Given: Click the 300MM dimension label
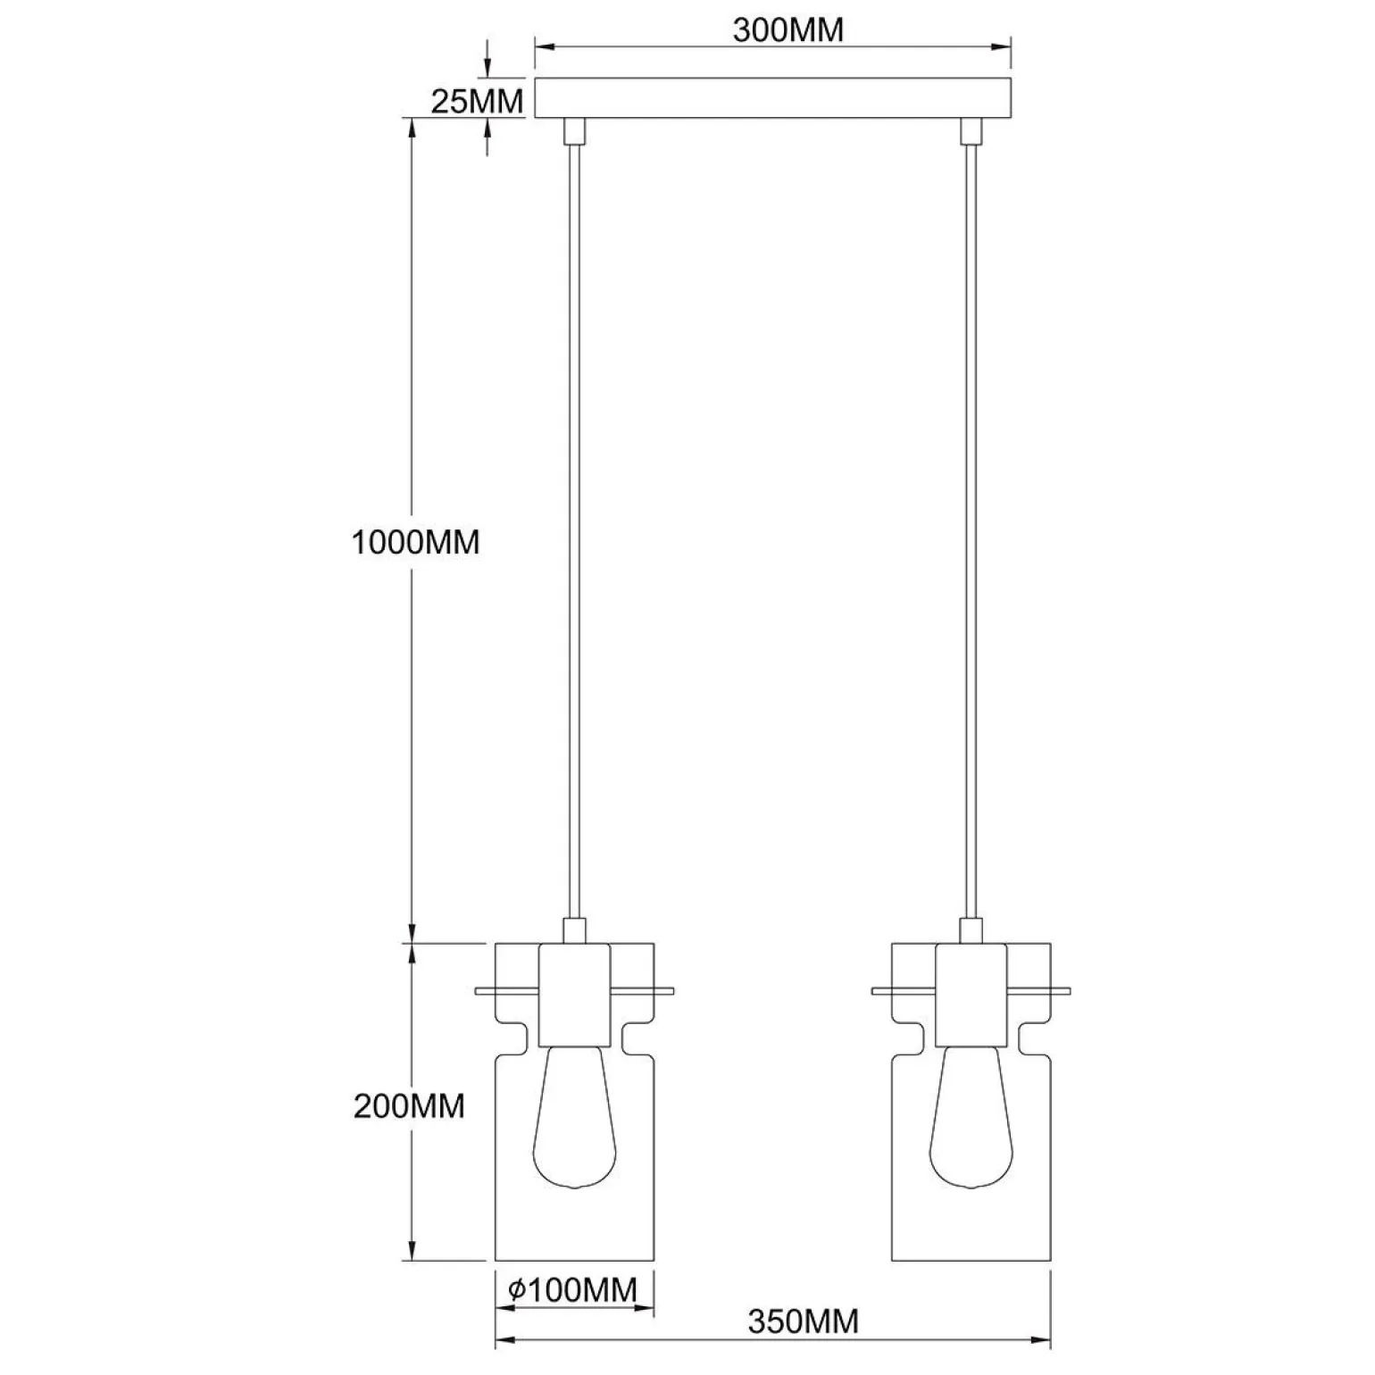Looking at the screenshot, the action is click(787, 29).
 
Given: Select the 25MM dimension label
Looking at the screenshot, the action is click(477, 102).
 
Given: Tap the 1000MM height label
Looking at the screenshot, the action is click(415, 542).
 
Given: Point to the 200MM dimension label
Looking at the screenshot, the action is click(409, 1106).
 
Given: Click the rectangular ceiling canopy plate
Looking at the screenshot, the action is click(772, 98).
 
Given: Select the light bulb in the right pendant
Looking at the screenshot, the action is click(971, 1117).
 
